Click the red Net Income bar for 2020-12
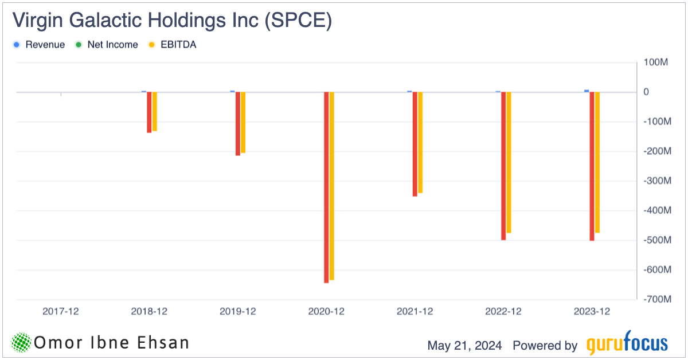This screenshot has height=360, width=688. pos(326,187)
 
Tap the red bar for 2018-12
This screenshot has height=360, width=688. pos(149,112)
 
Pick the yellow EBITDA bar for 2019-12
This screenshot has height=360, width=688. pos(243,122)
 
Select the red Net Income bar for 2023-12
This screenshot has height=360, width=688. pos(592,166)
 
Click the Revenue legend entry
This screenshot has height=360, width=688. pos(39,45)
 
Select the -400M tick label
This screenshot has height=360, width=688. pos(654,211)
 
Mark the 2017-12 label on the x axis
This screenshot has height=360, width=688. pos(61,312)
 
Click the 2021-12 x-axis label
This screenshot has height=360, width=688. pos(415,312)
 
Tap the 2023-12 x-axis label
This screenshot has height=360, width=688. pos(592,312)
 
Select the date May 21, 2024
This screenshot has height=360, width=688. pos(464,346)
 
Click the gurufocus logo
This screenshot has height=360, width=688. pos(627,343)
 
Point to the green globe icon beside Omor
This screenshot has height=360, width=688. pos(21,343)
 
